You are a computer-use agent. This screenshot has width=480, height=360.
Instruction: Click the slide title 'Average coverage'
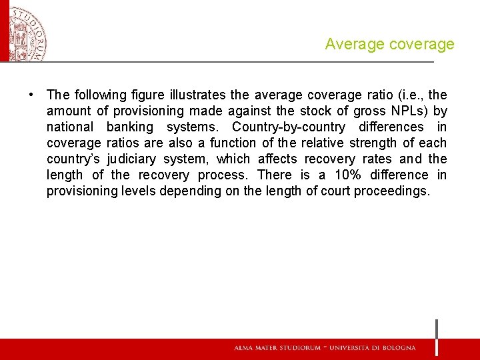click(389, 45)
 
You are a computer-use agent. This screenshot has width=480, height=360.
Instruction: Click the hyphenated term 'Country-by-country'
click(289, 127)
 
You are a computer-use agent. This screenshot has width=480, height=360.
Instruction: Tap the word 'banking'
click(129, 127)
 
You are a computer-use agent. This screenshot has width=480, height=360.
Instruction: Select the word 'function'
click(232, 143)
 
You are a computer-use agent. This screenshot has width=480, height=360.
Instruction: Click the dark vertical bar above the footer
click(437, 337)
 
